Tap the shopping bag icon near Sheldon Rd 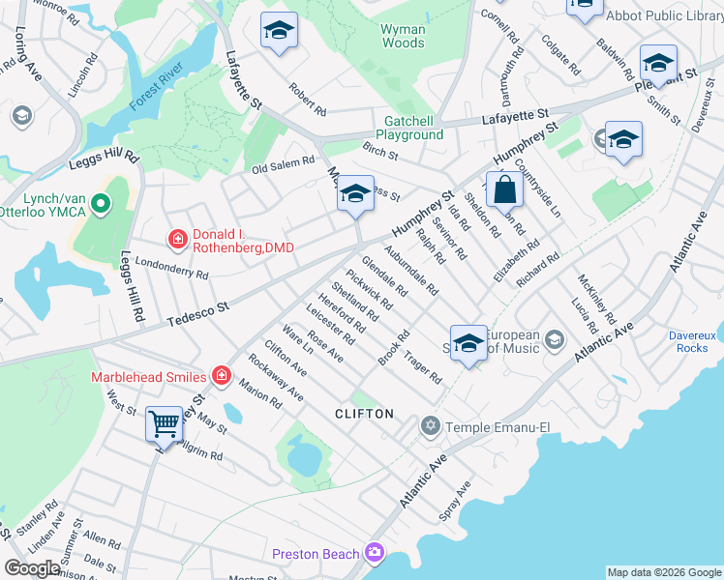505,189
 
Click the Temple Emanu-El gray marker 430,425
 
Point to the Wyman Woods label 403,37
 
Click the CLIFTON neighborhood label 364,414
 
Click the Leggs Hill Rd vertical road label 131,286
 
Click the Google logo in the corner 32,568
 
